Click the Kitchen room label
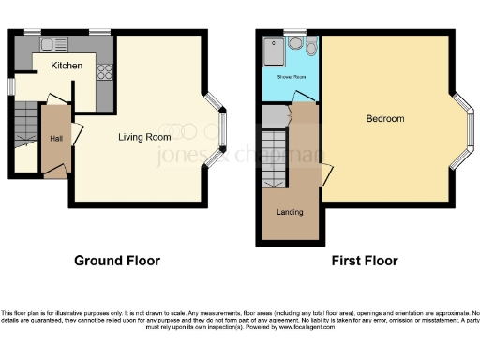67,67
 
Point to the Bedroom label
384,119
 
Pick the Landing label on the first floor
290,212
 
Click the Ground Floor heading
117,261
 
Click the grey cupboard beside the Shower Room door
273,116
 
